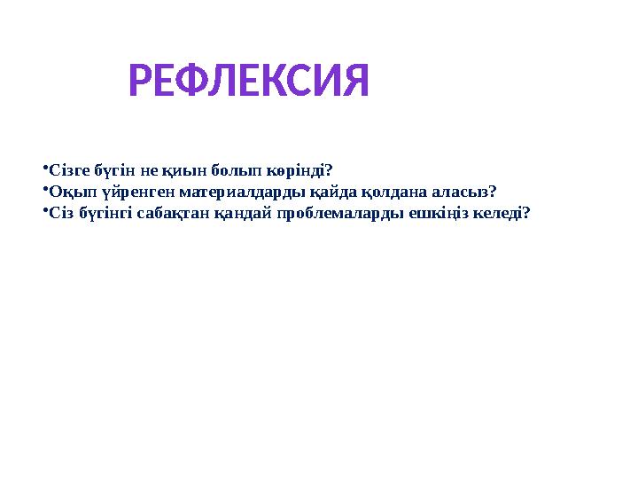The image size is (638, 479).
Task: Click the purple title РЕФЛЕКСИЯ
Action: click(x=248, y=82)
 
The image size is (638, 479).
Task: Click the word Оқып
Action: click(x=68, y=191)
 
